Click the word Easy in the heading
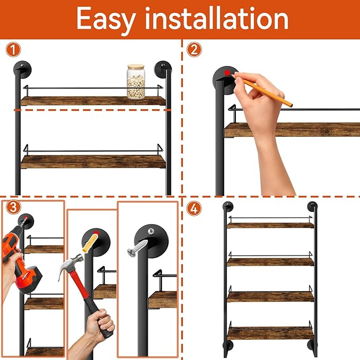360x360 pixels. pos(109,19)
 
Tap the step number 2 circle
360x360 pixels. pos(195,50)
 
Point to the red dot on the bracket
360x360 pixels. pos(227,73)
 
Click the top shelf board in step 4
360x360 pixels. pos(270,225)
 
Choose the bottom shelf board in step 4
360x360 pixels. pos(270,333)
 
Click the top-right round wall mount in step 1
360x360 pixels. pos(161,69)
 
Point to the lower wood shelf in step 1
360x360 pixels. pos(93,161)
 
